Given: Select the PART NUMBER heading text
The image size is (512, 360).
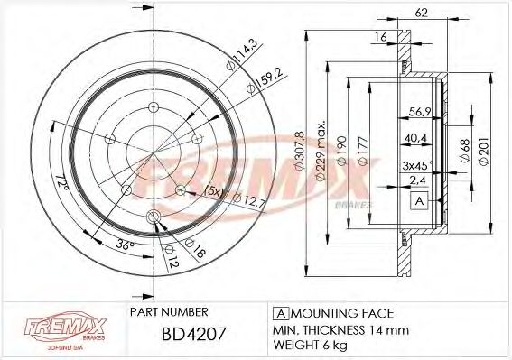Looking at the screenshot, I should [172, 312].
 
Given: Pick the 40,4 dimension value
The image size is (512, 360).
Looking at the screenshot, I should [415, 138].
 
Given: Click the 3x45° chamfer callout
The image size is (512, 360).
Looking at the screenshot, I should [417, 165].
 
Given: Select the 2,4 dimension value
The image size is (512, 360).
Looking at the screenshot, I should [417, 181].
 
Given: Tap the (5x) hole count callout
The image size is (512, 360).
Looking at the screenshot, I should [214, 190].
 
